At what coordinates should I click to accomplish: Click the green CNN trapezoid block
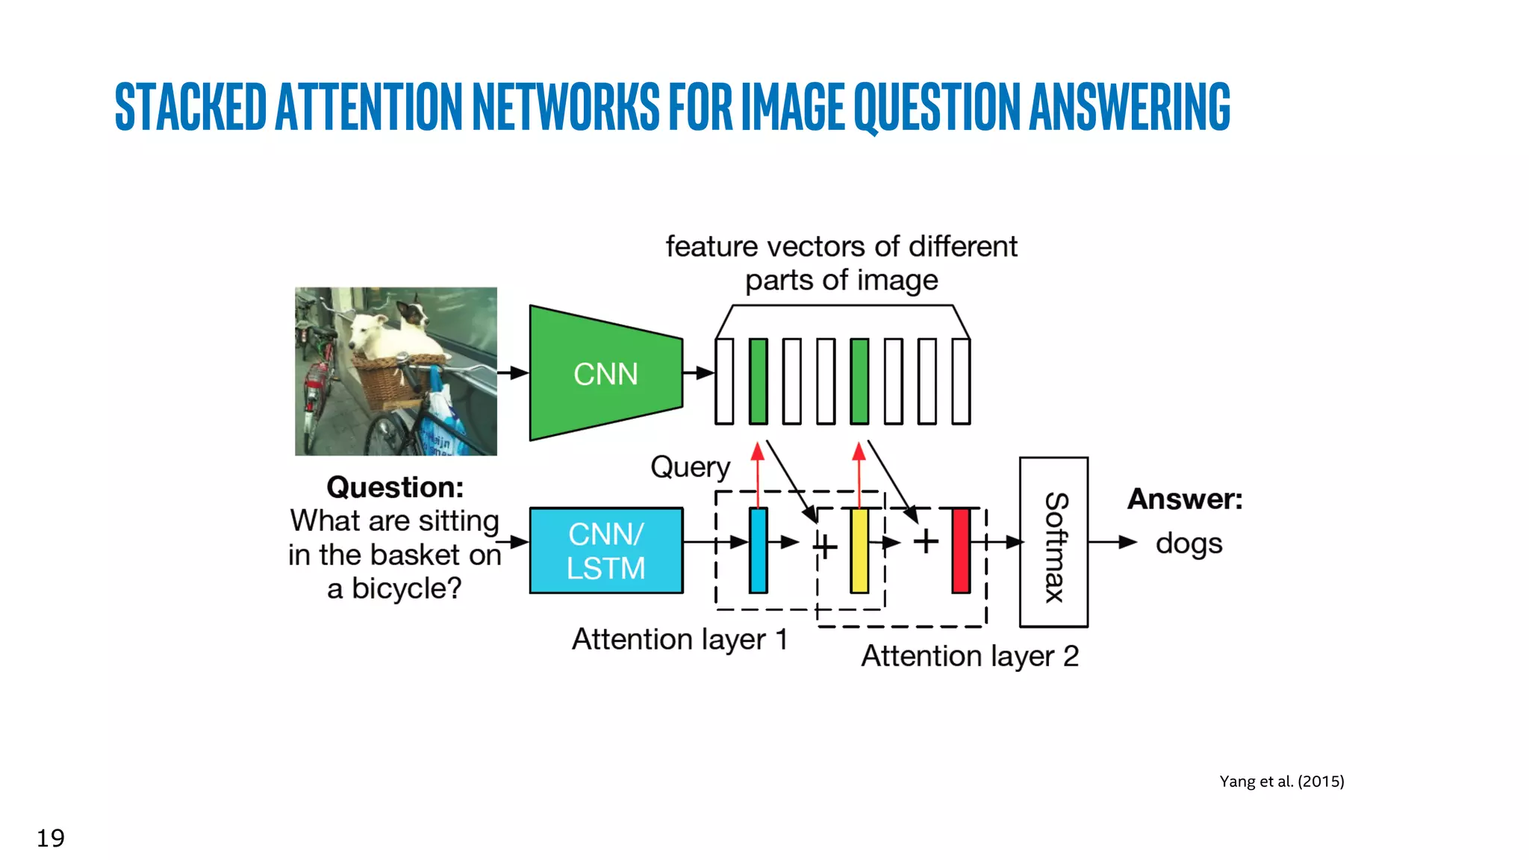tap(605, 373)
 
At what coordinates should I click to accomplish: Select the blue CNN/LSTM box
tap(605, 551)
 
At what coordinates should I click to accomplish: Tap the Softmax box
tap(1053, 543)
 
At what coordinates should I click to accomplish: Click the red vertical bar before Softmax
tap(961, 551)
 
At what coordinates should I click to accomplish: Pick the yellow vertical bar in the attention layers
tap(859, 551)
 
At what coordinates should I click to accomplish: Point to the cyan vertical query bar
tap(759, 551)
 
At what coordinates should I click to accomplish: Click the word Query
tap(690, 467)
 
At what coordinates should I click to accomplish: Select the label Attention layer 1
tap(679, 640)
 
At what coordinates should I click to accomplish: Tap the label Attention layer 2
tap(970, 656)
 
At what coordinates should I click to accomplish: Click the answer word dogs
tap(1189, 543)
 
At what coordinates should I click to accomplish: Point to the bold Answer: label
tap(1185, 499)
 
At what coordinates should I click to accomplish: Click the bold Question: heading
tap(395, 487)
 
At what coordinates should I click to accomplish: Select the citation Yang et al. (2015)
tap(1281, 782)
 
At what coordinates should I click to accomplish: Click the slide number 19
tap(51, 838)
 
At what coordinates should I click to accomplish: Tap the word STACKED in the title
tap(191, 107)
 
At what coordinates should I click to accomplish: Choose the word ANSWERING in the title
tap(1130, 107)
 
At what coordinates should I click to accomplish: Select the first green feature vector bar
tap(759, 381)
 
